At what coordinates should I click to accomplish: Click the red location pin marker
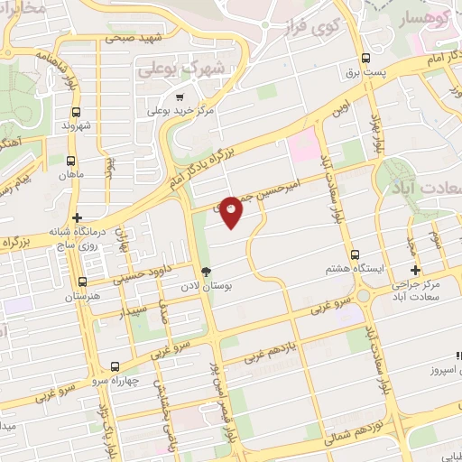231,211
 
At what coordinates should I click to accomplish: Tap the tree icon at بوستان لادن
206,271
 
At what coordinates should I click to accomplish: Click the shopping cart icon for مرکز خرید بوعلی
180,97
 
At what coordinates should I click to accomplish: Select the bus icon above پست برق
356,54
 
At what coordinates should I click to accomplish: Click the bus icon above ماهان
74,160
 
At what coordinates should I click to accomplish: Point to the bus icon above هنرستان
83,282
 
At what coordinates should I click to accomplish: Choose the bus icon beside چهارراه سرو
114,367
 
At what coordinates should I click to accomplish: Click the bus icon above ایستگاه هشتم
355,254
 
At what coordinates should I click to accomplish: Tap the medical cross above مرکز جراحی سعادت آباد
415,270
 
